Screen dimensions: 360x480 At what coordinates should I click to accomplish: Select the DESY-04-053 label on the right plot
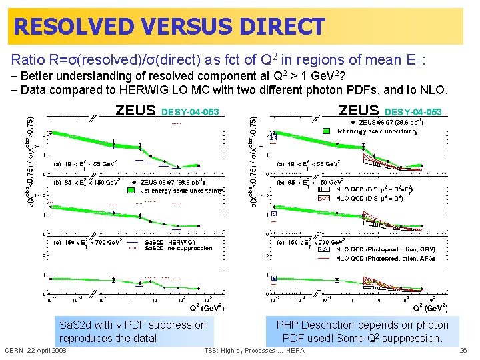click(x=414, y=111)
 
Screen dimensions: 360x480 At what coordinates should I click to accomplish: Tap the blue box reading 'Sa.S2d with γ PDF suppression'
click(x=133, y=331)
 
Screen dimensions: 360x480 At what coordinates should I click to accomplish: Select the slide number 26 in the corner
click(x=463, y=350)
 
